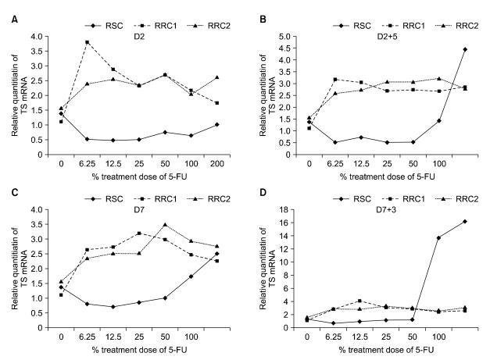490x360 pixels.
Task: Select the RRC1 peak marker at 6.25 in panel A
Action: click(88, 42)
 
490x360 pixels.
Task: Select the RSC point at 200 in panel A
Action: click(216, 124)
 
